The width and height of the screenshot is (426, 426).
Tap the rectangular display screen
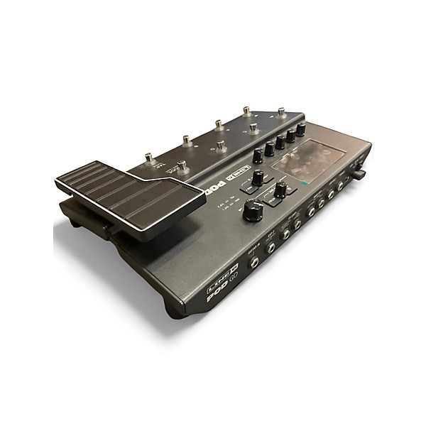tap(308, 163)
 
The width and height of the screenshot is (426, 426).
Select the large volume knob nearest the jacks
tap(253, 210)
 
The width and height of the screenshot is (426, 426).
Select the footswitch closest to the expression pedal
tap(182, 167)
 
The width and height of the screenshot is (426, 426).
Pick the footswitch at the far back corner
tap(281, 112)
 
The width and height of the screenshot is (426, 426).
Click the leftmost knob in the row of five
tap(257, 155)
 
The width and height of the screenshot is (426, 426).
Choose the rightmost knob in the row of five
tap(300, 129)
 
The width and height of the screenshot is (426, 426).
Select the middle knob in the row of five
tap(280, 142)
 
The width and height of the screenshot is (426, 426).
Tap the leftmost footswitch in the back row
tap(149, 158)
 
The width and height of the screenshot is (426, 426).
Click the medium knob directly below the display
tap(281, 189)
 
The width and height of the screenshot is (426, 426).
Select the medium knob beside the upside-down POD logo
tap(258, 177)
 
